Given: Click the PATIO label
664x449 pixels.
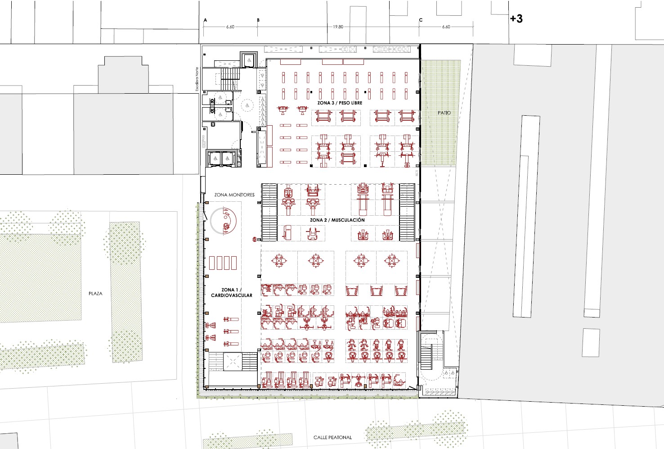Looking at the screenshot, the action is point(444,113).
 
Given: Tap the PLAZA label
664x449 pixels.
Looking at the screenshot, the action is point(95,294).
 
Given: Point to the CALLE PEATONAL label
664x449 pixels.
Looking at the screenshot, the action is point(332,437).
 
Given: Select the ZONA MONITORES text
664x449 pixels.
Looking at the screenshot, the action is point(234,195).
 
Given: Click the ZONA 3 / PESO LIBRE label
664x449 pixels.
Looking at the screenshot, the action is point(340,103).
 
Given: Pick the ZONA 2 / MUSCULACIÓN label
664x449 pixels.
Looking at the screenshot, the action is point(337,220).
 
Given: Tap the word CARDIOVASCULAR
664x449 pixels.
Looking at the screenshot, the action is point(232,295).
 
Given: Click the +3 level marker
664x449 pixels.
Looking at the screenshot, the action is point(516,19).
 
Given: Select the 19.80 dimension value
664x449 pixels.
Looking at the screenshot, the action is point(338,27).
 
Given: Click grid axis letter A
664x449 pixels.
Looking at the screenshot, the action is point(205,20).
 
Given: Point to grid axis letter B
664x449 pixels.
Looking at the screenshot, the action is point(258,20).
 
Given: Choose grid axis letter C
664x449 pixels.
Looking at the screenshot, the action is point(421,20).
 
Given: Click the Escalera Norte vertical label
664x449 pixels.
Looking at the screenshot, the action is point(197,79).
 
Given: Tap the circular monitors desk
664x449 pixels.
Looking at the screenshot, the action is point(223,221).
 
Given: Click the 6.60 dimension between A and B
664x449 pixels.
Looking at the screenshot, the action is point(230,27).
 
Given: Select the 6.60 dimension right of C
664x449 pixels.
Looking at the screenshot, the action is point(446,27).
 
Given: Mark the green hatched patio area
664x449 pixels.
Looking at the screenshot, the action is point(440,113).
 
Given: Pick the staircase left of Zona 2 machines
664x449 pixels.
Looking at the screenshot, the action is point(269,212).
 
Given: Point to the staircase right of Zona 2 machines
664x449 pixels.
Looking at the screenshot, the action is point(407,212).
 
